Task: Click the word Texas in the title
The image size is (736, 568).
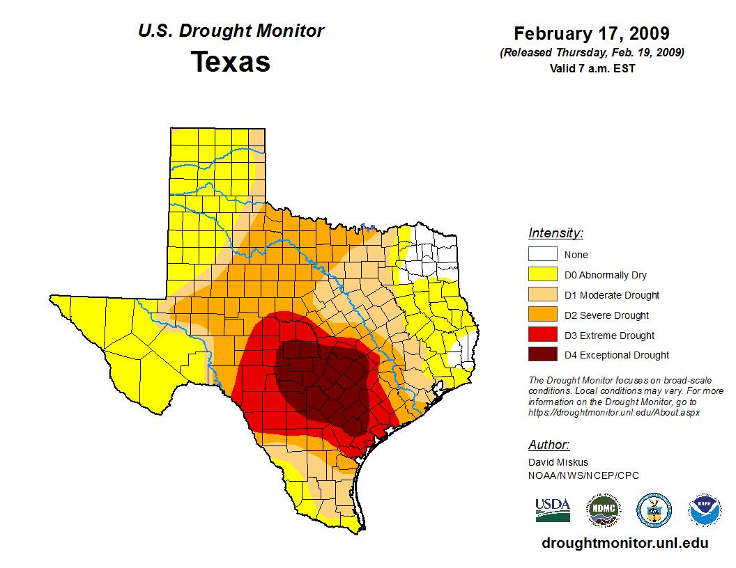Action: [x=231, y=62]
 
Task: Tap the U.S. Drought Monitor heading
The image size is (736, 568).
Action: [x=231, y=31]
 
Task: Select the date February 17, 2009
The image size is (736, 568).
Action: [x=592, y=33]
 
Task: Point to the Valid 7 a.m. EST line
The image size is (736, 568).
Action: [x=592, y=68]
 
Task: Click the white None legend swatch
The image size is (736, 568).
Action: [x=542, y=254]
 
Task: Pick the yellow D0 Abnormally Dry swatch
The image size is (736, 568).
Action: [x=542, y=274]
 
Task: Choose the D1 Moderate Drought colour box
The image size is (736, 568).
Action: [x=542, y=294]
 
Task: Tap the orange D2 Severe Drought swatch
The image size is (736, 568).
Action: [x=542, y=315]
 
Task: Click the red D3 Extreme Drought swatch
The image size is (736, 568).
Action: [x=542, y=335]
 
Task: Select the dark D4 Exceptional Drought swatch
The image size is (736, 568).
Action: [x=542, y=355]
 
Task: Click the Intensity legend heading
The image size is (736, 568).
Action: [x=555, y=233]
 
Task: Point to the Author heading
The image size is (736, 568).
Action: [x=549, y=445]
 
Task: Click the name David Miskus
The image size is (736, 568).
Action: [x=558, y=462]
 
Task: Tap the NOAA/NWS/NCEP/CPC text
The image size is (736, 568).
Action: [x=583, y=475]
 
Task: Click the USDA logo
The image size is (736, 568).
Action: [x=553, y=510]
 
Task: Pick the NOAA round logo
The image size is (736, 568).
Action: [x=705, y=510]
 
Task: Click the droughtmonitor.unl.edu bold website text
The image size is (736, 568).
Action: [x=624, y=543]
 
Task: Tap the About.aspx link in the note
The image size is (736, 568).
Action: [x=613, y=412]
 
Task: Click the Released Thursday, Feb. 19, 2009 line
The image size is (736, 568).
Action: [x=592, y=53]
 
